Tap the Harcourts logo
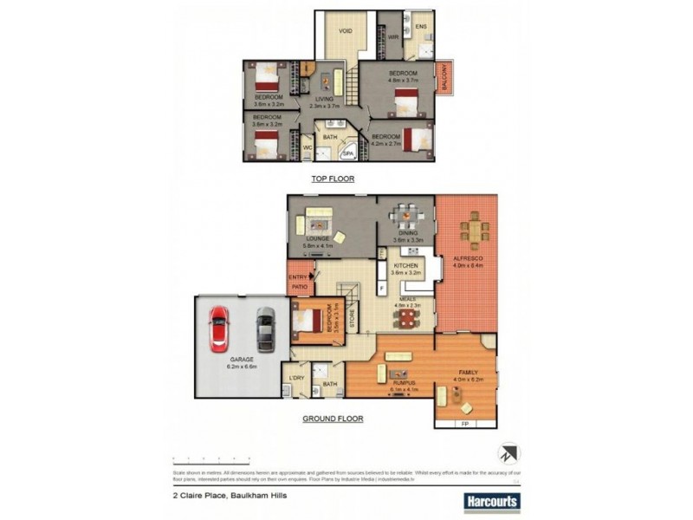tap(491, 501)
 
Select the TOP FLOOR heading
tap(334, 179)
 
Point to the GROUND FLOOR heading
tap(333, 419)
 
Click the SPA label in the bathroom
tap(348, 154)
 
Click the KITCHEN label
tap(406, 265)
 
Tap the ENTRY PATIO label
tap(297, 281)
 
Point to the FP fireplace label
tap(465, 423)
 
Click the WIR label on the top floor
tap(392, 36)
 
